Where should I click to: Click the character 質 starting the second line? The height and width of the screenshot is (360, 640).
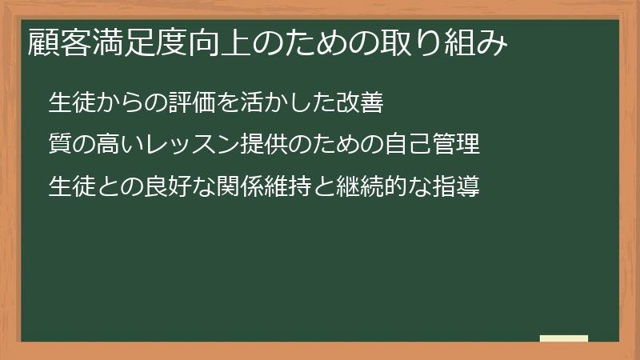click(59, 146)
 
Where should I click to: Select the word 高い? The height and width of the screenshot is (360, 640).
click(118, 146)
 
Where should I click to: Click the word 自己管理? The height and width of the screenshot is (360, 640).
click(434, 146)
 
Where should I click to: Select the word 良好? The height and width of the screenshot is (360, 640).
click(164, 189)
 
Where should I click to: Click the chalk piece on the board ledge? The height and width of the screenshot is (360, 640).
click(563, 338)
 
